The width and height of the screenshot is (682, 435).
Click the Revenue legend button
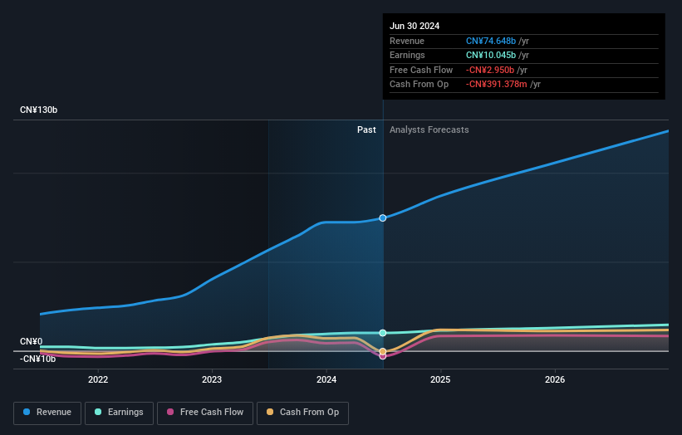click(47, 413)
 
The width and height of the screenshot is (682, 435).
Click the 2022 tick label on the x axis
click(98, 379)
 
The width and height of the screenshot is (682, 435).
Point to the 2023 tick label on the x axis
click(212, 379)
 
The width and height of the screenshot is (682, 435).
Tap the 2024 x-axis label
click(326, 379)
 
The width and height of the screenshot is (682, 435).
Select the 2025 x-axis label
click(440, 379)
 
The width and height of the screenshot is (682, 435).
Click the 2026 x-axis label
click(555, 379)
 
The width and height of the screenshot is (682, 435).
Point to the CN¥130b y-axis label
click(38, 110)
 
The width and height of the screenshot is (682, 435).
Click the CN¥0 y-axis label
click(31, 342)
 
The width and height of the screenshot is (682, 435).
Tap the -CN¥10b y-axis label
click(37, 359)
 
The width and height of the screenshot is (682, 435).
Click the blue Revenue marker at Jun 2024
click(383, 218)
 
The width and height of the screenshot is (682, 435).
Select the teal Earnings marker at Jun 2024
click(383, 333)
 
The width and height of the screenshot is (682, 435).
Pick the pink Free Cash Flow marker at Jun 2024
click(383, 355)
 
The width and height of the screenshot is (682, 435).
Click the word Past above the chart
click(366, 130)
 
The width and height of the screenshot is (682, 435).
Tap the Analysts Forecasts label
click(429, 130)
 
